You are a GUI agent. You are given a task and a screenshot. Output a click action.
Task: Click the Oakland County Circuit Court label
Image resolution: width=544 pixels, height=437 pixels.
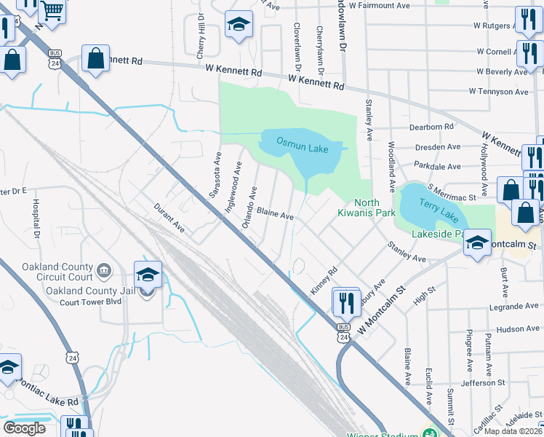click(x=57, y=272)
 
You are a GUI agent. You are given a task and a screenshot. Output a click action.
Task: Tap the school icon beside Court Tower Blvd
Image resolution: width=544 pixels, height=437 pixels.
click(x=148, y=276)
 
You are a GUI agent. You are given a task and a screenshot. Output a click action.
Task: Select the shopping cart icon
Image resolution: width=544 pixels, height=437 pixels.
click(x=52, y=11)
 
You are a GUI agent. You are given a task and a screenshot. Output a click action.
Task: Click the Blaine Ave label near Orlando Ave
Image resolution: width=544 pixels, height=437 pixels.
click(x=275, y=216)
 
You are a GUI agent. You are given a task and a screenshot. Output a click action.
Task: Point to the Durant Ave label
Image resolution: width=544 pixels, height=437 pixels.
click(x=169, y=218)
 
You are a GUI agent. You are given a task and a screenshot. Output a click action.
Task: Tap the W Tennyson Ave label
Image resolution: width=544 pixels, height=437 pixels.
click(x=498, y=92)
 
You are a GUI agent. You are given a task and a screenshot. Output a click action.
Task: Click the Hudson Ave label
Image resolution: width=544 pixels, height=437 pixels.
click(x=518, y=329)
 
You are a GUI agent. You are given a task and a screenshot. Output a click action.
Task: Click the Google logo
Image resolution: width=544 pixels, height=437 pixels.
click(x=24, y=428)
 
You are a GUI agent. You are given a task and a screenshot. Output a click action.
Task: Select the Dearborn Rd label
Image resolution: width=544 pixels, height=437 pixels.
click(x=431, y=126)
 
